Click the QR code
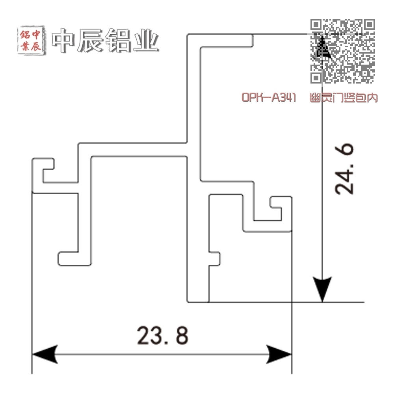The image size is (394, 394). pos(342,51)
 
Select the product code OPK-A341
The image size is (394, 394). pos(269,97)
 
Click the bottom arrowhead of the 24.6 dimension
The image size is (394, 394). pos(322,290)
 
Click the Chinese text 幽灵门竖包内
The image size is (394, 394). pos(344,97)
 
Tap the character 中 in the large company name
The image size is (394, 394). pos(65,41)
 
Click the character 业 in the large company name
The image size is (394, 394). pos(146,41)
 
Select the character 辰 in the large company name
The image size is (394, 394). pos(91,41)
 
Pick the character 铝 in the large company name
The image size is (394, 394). pos(119,41)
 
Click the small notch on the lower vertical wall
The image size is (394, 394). pos(214,258)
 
